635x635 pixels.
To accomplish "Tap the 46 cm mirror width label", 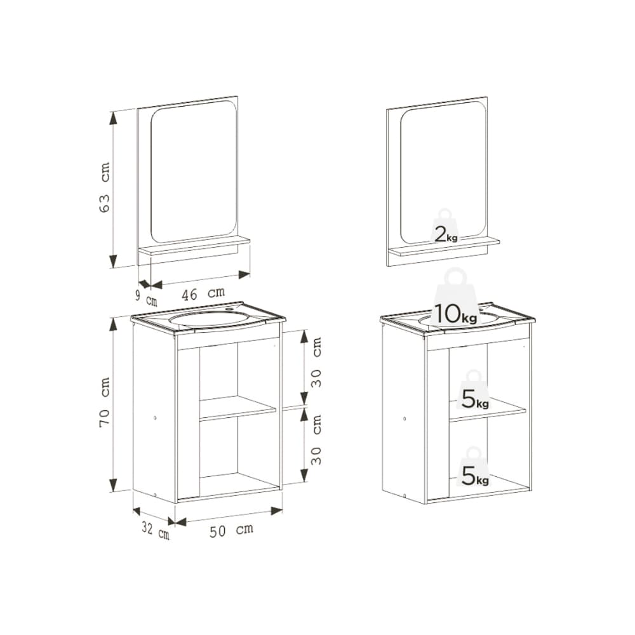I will pos(203,293).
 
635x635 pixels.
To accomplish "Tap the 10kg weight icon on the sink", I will pos(455,300).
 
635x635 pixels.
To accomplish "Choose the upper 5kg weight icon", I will pos(474,391).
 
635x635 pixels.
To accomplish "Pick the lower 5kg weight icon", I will pos(474,467).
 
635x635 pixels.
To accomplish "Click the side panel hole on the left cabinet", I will pos(155,418).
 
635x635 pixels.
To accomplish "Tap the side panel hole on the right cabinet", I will pos(404,418).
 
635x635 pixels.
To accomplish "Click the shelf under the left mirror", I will pos(194,246).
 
